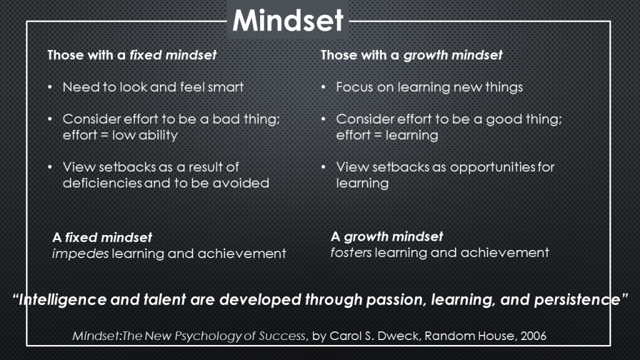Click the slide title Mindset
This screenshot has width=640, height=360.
point(287,21)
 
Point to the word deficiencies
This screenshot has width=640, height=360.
point(102,183)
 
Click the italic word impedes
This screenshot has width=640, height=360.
point(81,254)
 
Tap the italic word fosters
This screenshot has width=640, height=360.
point(351,252)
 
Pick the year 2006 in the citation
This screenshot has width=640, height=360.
point(533,336)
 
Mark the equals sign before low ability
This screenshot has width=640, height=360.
point(104,135)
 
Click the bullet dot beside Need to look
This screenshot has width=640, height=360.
point(50,87)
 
